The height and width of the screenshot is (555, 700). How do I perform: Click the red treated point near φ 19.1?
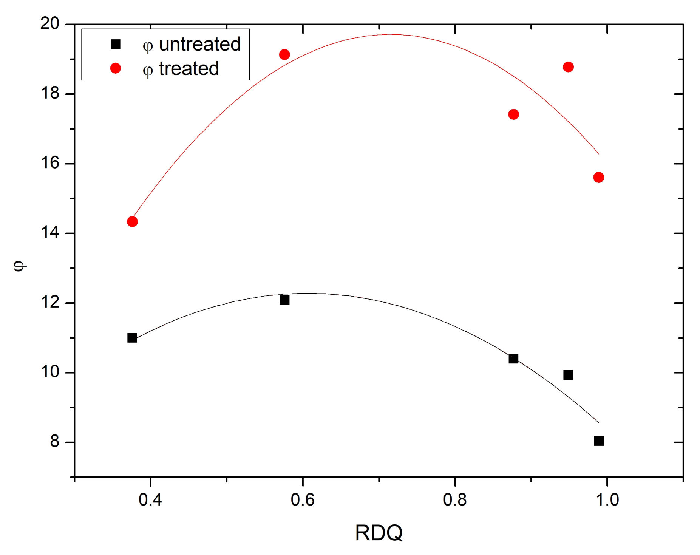[284, 55]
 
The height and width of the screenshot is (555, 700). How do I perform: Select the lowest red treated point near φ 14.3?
[132, 221]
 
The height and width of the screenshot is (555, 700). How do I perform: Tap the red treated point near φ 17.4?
[513, 114]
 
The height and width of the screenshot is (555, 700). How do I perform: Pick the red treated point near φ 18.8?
[568, 67]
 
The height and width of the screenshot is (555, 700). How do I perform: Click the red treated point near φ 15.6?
[599, 177]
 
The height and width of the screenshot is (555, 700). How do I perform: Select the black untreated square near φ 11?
[132, 338]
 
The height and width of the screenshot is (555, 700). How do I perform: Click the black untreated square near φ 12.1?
[284, 300]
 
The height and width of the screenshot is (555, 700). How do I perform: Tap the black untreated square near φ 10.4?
[513, 359]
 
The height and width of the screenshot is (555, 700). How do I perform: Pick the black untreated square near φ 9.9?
[568, 375]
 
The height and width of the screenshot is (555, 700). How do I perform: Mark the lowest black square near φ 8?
[599, 441]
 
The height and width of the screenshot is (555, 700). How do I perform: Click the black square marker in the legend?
[116, 44]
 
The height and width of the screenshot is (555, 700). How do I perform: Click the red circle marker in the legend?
[116, 68]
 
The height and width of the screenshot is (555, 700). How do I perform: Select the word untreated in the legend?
[200, 44]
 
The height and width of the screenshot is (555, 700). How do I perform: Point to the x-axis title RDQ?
[379, 533]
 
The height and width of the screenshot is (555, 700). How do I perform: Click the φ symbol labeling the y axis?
[20, 265]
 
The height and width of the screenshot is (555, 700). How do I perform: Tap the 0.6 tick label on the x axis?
[302, 500]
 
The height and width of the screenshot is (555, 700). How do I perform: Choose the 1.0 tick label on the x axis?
[607, 500]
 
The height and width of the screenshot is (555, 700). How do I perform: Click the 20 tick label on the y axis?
[50, 24]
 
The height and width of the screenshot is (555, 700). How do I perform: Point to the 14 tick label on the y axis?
[50, 233]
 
